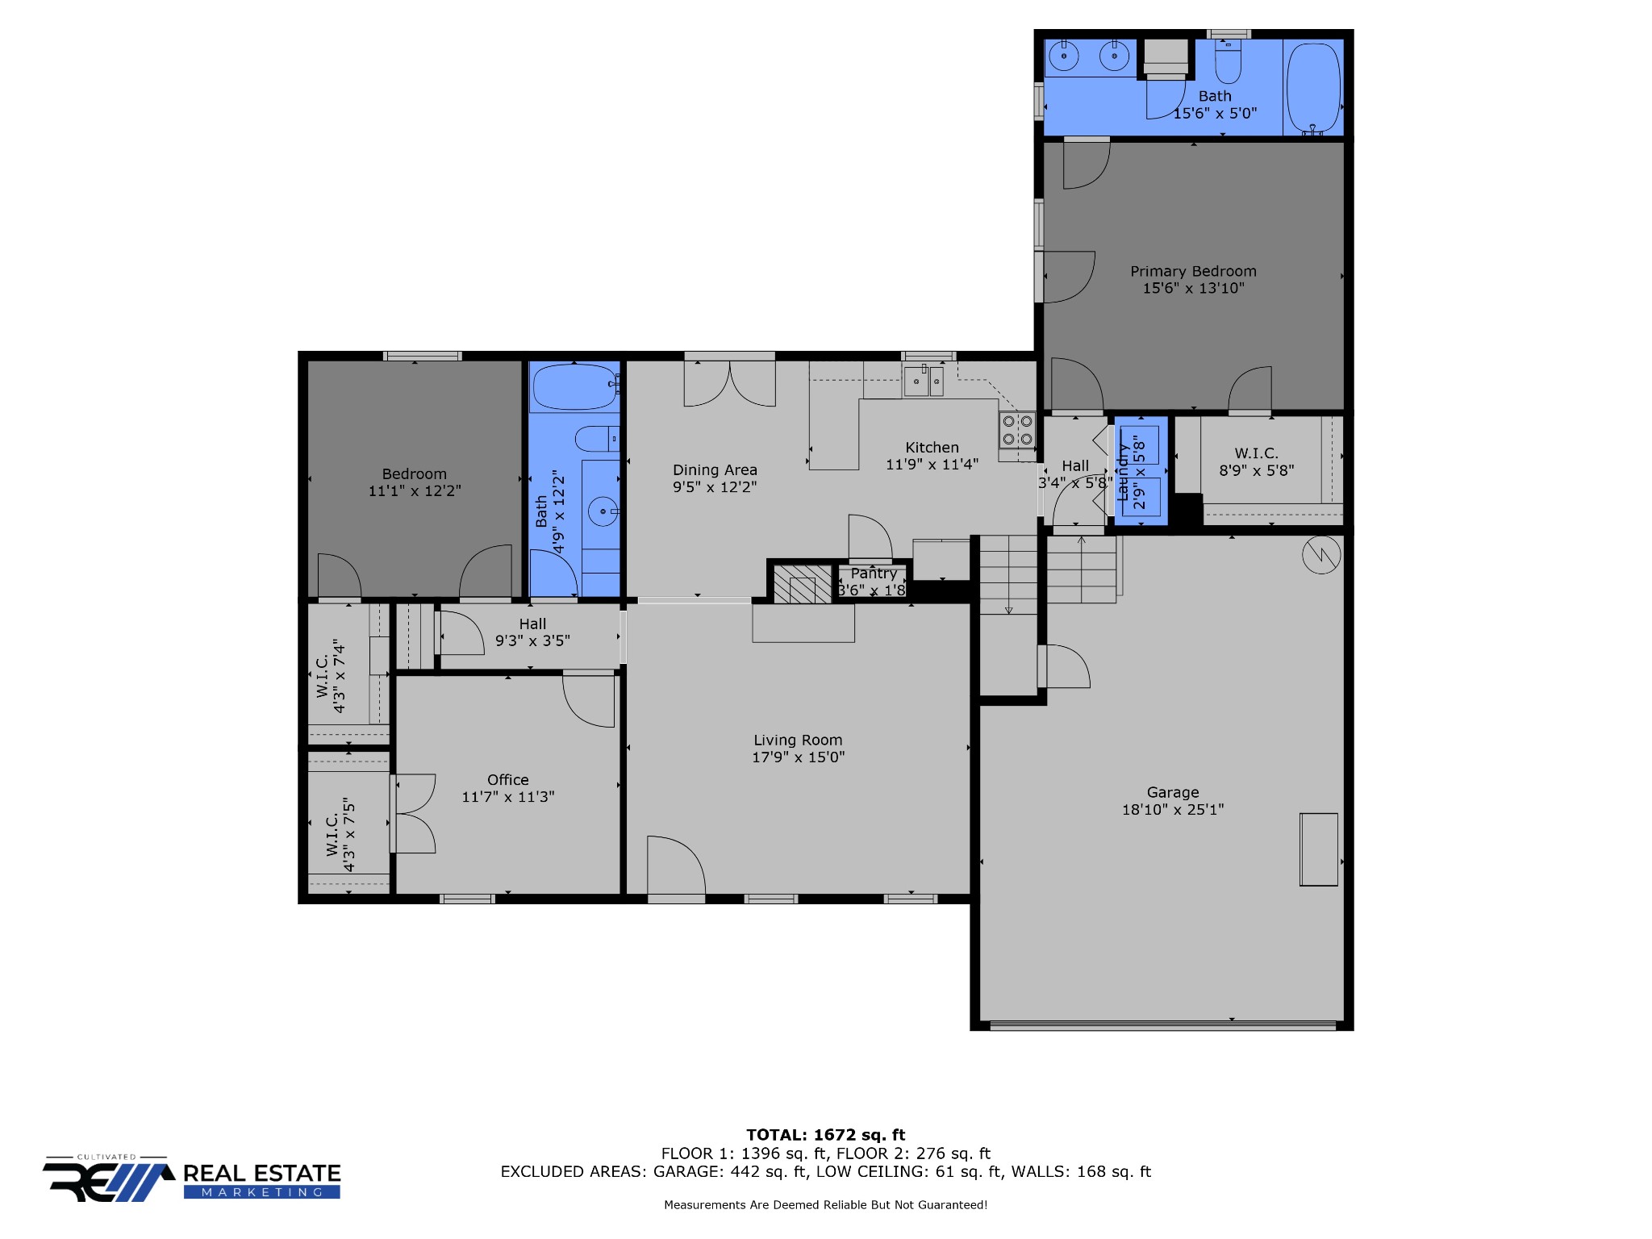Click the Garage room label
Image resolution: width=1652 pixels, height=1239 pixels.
[1173, 792]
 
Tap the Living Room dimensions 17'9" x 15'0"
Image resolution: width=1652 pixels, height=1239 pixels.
[798, 757]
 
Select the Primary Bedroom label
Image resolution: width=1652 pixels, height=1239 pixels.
[1193, 271]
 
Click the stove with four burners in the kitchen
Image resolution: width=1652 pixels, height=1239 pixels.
[1017, 430]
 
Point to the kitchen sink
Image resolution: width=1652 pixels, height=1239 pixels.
[924, 380]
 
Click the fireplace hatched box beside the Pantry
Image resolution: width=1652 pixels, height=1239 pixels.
[802, 583]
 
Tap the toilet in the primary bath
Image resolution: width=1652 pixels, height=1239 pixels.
[1228, 62]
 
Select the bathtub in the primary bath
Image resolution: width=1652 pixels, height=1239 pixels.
[1313, 88]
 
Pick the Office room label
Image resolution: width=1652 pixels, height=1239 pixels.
[508, 779]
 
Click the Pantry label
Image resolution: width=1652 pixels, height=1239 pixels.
[874, 574]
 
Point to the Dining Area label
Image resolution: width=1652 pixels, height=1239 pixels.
[715, 469]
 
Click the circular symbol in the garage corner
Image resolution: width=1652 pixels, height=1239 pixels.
[1321, 554]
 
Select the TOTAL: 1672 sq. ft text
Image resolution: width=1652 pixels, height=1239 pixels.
[826, 1135]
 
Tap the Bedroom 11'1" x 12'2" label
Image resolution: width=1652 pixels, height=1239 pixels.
[415, 482]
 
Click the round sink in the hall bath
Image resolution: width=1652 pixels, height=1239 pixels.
[602, 511]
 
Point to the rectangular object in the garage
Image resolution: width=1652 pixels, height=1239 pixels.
[1319, 849]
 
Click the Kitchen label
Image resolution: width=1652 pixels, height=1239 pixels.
[932, 447]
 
